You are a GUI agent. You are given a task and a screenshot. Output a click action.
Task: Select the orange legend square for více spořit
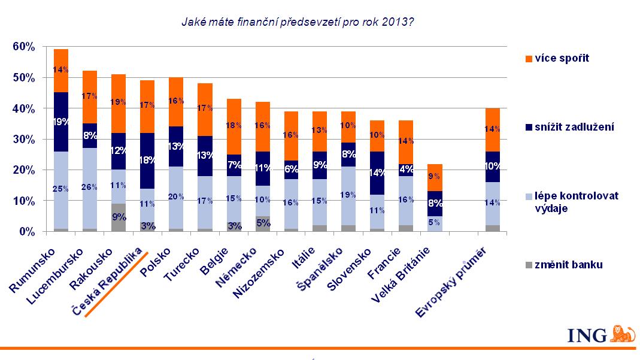(x=527, y=58)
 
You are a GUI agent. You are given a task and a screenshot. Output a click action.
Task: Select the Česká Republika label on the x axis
(x=108, y=282)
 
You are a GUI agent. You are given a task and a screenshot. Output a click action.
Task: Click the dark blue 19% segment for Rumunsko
(x=61, y=122)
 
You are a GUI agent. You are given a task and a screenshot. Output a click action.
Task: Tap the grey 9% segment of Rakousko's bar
(x=118, y=217)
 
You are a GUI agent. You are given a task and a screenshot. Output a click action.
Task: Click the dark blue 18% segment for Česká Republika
(x=147, y=161)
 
